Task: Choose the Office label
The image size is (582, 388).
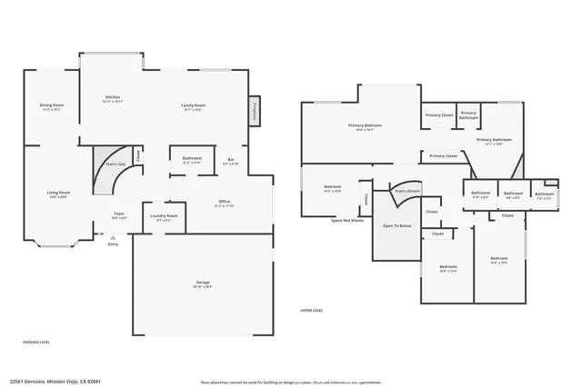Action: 224,204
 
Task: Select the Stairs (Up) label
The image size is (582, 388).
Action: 115,165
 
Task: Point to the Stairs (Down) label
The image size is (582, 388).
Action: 406,191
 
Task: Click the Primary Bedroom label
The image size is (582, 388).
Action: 365,126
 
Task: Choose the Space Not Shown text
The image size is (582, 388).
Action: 347,221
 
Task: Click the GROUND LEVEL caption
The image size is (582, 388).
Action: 36,343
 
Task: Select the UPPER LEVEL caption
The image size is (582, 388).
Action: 312,311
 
